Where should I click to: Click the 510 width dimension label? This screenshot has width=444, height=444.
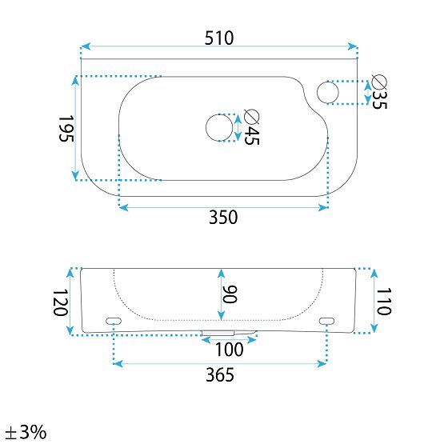[x=219, y=38]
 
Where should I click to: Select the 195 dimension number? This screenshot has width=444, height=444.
[x=66, y=128]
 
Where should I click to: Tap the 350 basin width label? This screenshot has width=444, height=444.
[x=223, y=217]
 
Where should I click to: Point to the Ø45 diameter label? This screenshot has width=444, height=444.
[x=251, y=127]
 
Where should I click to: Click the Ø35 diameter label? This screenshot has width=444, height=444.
[x=379, y=92]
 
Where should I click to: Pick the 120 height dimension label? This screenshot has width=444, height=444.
[x=60, y=302]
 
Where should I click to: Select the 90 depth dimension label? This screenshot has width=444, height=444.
[x=230, y=294]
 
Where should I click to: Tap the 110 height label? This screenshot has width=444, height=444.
[x=384, y=302]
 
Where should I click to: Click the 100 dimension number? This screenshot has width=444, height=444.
[x=229, y=350]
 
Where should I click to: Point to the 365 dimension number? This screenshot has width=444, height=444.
[x=220, y=374]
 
